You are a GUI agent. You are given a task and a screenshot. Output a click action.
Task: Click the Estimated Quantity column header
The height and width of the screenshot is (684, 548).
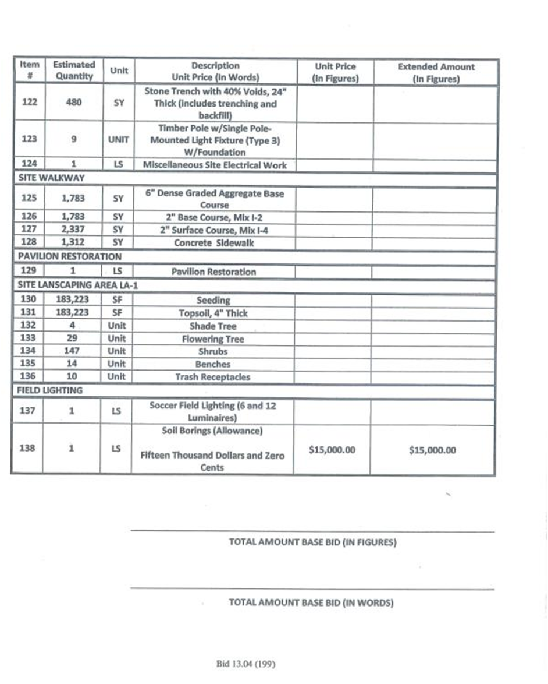[73, 70]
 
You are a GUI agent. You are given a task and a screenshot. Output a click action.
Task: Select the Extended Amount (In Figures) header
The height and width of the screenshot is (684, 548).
[436, 72]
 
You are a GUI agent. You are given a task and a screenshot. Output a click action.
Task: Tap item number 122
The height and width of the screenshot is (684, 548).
[29, 102]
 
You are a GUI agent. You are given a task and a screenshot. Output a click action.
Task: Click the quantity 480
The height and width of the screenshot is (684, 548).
[73, 102]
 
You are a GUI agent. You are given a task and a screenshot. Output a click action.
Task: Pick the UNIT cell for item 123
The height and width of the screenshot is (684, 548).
[118, 140]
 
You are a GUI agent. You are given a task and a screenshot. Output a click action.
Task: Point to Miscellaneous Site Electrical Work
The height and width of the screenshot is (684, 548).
[215, 165]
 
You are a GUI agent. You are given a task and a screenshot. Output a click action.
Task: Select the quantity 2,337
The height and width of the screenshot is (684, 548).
[73, 230]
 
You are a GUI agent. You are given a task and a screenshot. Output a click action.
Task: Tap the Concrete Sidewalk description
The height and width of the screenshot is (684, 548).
[215, 243]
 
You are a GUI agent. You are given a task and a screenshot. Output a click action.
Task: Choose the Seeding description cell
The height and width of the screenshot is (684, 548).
[213, 300]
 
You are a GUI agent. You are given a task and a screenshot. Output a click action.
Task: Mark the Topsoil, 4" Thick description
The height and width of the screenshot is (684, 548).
[213, 313]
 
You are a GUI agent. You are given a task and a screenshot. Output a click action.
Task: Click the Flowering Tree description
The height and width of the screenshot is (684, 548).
[213, 339]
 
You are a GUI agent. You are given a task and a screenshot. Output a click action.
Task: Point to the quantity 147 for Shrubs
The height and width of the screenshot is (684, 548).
[73, 351]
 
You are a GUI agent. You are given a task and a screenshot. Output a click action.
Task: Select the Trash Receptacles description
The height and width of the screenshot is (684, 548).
[213, 376]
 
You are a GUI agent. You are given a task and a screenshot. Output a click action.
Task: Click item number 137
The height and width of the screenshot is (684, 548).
[29, 411]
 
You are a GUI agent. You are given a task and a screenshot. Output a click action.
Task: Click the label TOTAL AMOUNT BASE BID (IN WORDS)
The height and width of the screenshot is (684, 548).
[311, 602]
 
